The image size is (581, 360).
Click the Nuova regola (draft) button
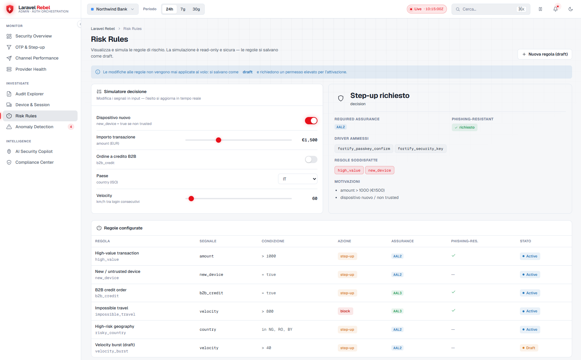[x=545, y=54]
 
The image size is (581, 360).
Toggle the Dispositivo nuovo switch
[x=311, y=121]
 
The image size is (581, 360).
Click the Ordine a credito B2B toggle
[x=311, y=159]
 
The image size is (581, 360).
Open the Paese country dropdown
[x=298, y=179]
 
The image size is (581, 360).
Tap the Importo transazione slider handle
[x=219, y=140]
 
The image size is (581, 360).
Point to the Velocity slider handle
[x=191, y=199]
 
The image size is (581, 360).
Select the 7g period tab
[x=183, y=9]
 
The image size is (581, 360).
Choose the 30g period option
[x=196, y=9]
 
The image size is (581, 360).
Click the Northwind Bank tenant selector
[x=113, y=9]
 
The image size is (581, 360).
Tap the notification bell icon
[x=555, y=9]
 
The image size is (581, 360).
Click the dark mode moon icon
[x=570, y=9]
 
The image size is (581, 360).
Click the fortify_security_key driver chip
[x=420, y=149]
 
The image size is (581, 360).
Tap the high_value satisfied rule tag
[x=349, y=170]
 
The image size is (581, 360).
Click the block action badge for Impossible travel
[x=345, y=311]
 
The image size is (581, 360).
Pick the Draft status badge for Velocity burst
[x=529, y=348]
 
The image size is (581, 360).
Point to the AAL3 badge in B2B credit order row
[x=397, y=293]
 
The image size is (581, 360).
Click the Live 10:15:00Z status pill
[x=427, y=9]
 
